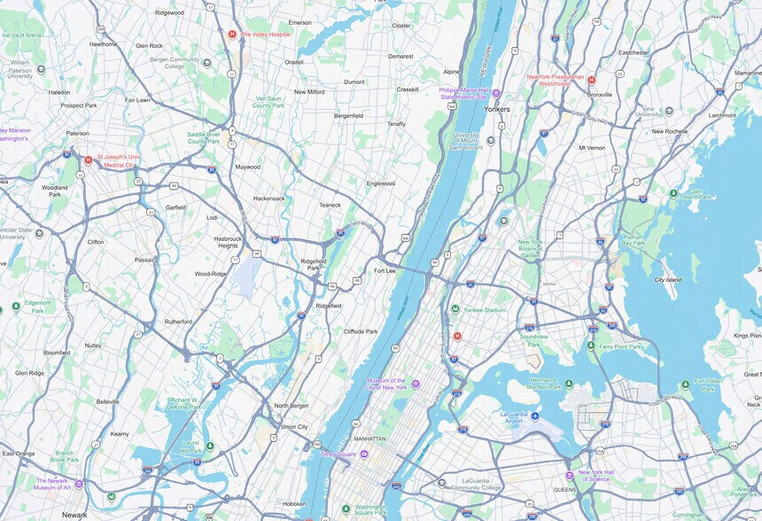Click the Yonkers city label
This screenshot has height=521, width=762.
[x=496, y=109]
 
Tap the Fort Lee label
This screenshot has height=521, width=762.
[x=385, y=270]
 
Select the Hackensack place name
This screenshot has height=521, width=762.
[x=269, y=198]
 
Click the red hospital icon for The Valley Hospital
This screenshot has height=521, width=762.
[x=232, y=35]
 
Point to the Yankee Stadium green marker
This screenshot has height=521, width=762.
[x=455, y=309]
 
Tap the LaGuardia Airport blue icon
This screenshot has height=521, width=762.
[x=534, y=416]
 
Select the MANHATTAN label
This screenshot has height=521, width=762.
[x=369, y=439]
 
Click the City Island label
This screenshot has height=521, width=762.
[x=667, y=279]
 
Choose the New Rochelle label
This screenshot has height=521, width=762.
[x=670, y=131]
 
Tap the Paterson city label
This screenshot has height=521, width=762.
[x=77, y=134]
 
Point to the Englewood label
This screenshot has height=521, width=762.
[x=381, y=183]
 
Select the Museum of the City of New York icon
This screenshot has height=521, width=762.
[x=415, y=384]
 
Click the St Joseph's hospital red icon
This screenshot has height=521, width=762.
[x=88, y=160]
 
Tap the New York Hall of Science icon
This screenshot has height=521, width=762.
[x=570, y=476]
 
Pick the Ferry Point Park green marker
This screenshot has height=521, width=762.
[x=591, y=346]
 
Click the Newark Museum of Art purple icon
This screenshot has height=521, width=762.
[x=79, y=484]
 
